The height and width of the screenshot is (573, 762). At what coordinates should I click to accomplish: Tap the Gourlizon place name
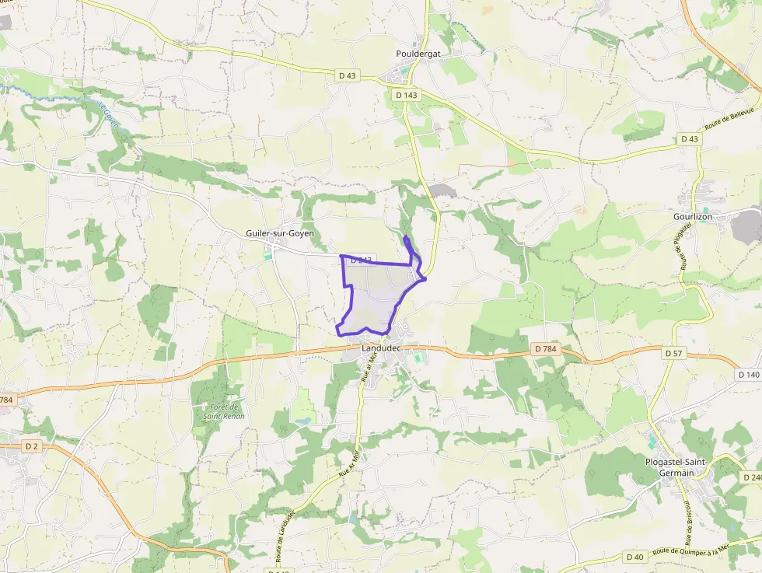(693, 216)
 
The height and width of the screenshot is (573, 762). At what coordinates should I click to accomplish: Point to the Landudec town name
(381, 348)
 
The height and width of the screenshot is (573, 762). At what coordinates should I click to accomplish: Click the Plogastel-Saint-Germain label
(676, 467)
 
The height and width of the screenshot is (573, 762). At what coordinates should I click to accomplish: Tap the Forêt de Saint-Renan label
(224, 411)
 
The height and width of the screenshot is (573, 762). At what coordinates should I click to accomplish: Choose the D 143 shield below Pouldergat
(406, 95)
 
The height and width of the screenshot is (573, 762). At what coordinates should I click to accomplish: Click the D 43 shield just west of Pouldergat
(347, 75)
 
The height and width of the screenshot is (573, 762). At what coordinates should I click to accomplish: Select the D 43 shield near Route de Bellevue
(689, 139)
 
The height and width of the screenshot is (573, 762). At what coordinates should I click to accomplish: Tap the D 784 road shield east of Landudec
(546, 349)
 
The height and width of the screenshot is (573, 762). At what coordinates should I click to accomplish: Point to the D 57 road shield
(673, 353)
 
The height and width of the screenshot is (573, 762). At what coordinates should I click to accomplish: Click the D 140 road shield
(748, 375)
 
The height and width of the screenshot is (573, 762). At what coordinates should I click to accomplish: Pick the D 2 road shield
(31, 446)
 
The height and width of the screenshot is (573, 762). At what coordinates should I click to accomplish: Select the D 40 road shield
(634, 557)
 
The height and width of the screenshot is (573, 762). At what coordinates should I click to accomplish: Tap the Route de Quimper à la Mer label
(691, 550)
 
